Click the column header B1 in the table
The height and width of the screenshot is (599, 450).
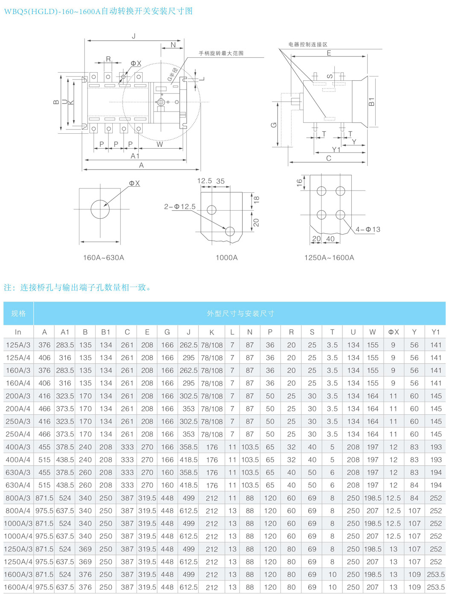[x=105, y=332]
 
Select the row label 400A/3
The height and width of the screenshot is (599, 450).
[x=18, y=447]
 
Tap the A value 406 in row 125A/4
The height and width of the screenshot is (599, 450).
[x=44, y=358]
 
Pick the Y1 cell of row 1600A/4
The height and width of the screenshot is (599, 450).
[x=435, y=587]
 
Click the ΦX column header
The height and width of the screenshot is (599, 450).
[x=393, y=332]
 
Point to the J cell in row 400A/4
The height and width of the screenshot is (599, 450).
[x=188, y=460]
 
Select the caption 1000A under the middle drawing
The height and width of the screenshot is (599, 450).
[x=227, y=258]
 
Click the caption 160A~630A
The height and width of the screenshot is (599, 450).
[x=104, y=258]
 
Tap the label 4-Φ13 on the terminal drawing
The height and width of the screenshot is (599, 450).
[x=368, y=229]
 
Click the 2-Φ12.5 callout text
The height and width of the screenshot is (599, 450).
[x=180, y=207]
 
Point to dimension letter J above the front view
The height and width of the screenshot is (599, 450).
[x=134, y=36]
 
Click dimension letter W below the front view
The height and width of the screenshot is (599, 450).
[x=160, y=144]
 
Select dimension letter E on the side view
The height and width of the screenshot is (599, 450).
[x=329, y=53]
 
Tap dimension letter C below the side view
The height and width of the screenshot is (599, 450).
[x=329, y=158]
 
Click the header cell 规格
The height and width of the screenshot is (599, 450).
[x=18, y=313]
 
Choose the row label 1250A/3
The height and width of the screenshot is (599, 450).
[x=18, y=549]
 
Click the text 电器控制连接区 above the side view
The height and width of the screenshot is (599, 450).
[x=308, y=44]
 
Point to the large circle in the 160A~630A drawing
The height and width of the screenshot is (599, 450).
[x=100, y=209]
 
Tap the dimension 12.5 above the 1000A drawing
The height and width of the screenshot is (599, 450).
[x=205, y=181]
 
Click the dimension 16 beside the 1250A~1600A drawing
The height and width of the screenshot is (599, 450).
[x=299, y=182]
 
